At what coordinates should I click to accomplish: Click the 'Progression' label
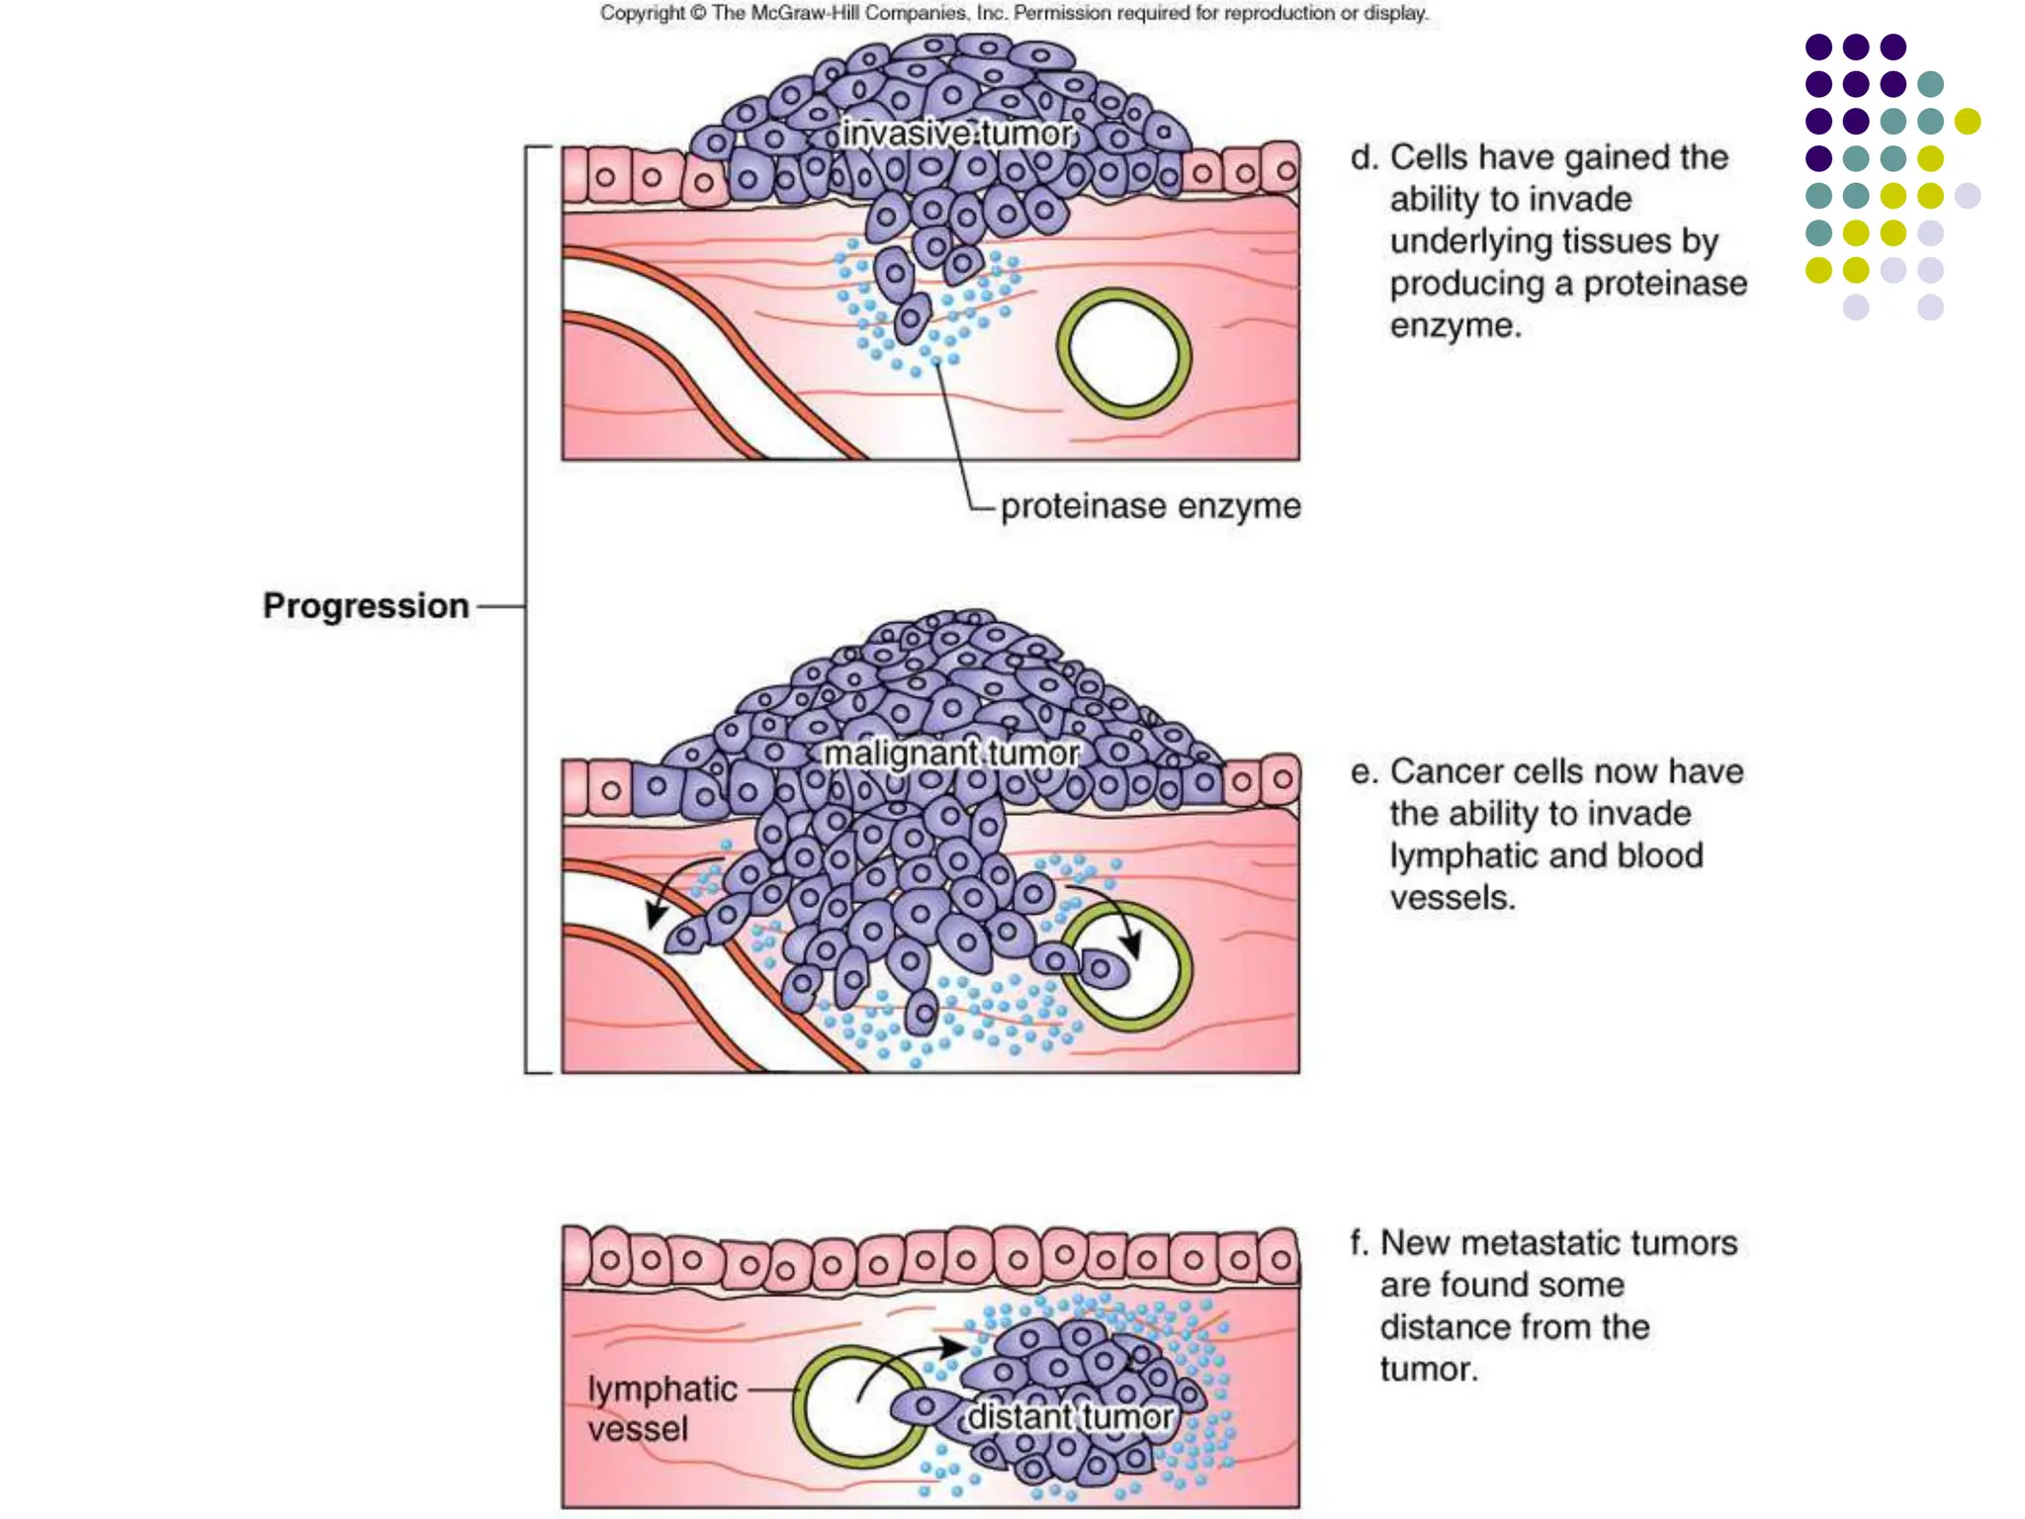pos(366,605)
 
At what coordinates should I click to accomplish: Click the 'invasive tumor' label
pos(957,134)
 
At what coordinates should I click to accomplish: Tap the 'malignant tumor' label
pos(951,754)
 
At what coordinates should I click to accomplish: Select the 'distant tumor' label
pos(1070,1416)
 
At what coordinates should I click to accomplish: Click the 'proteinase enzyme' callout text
pos(1150,506)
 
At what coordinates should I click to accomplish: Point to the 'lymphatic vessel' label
pos(661,1408)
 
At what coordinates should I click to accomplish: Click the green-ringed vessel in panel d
pos(1124,353)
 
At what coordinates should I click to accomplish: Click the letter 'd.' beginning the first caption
pos(1364,158)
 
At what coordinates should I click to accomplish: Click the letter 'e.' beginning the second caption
pos(1364,772)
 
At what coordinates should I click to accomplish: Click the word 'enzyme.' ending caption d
pos(1454,325)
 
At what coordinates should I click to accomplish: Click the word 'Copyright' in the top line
pos(641,13)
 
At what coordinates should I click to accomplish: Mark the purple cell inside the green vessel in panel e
pos(1105,969)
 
